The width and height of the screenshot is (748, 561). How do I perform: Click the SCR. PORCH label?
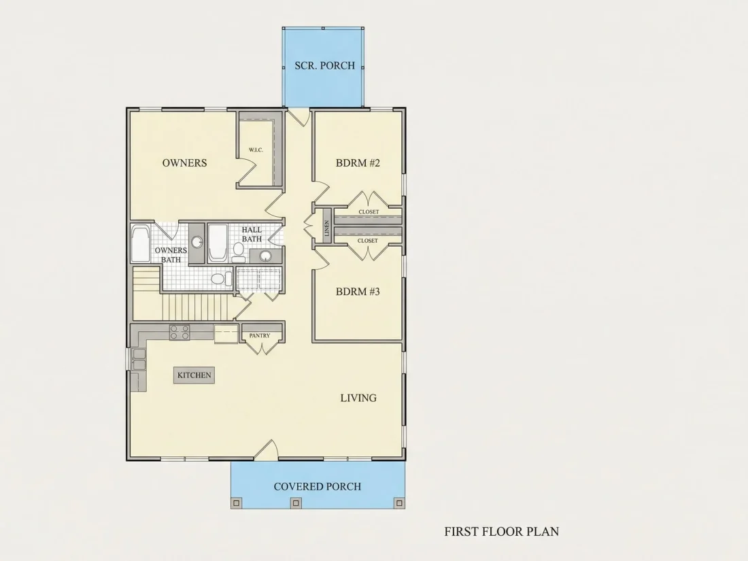(x=325, y=65)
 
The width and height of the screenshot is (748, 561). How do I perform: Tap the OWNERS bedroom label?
(x=184, y=163)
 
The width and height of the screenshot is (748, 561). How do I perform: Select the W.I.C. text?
(x=256, y=150)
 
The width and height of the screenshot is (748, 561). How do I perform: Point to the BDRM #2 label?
(x=358, y=163)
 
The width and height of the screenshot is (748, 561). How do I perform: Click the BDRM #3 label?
(x=358, y=292)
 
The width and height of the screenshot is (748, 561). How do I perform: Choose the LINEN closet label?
(x=327, y=228)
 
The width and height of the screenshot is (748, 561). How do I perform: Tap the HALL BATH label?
(x=252, y=234)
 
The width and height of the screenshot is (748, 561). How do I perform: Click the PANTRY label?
(x=260, y=336)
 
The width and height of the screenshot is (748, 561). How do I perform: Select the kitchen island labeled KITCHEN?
(x=194, y=375)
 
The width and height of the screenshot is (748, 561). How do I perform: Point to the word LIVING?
(x=358, y=398)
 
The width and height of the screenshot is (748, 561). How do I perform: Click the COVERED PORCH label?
(x=318, y=487)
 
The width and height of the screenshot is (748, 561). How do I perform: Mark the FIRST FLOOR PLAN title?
(x=501, y=532)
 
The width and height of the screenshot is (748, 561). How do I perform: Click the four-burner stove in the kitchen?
(x=180, y=332)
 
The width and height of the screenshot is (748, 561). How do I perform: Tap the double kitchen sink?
(x=139, y=359)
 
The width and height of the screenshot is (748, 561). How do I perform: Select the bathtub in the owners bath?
(x=140, y=244)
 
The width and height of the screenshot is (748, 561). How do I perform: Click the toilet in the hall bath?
(x=239, y=252)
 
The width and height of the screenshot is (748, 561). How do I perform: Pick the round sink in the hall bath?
(x=266, y=256)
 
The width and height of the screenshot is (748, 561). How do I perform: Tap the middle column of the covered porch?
(x=296, y=503)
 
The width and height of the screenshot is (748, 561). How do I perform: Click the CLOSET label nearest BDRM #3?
(x=368, y=241)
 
